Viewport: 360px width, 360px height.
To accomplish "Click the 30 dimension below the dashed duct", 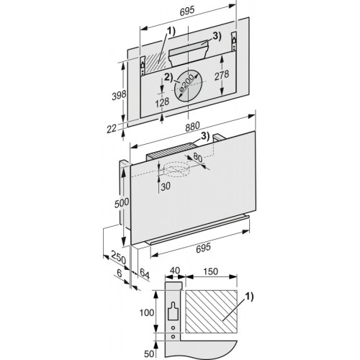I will coord(165,186).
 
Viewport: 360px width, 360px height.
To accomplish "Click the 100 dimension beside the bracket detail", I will coord(146,313).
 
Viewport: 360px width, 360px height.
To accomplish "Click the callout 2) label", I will coord(167,77).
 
